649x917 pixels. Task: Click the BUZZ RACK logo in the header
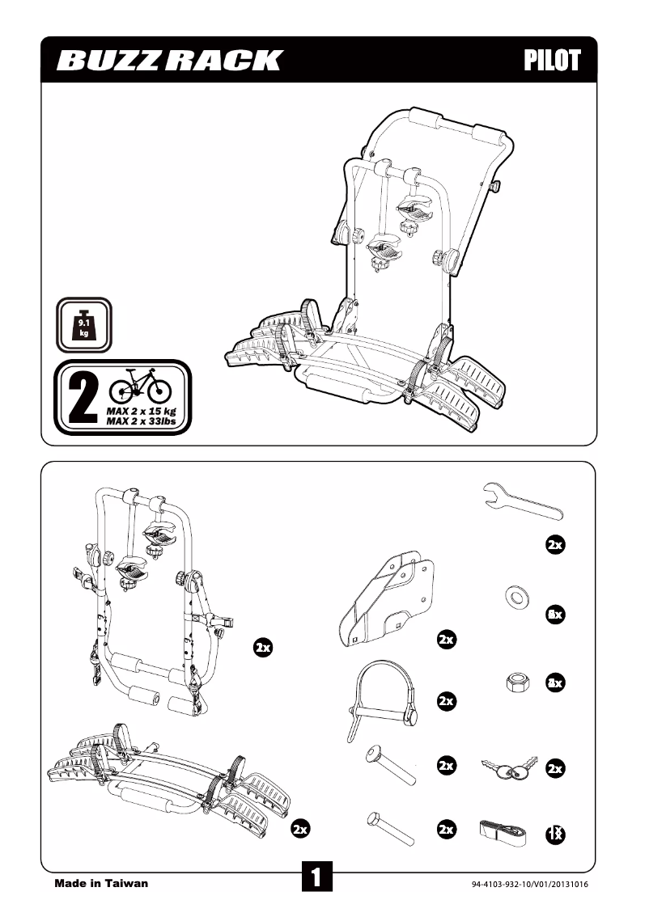click(x=170, y=61)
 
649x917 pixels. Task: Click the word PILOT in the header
click(x=552, y=61)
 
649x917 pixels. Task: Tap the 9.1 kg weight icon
click(x=83, y=325)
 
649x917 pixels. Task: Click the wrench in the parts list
click(x=522, y=502)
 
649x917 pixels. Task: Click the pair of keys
click(x=510, y=767)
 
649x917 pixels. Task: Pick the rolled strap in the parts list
click(x=503, y=829)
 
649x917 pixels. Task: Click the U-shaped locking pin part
click(x=384, y=699)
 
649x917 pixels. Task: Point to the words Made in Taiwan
click(x=101, y=883)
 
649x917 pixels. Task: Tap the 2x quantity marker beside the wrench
click(x=554, y=545)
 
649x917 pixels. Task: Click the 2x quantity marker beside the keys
click(x=554, y=768)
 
